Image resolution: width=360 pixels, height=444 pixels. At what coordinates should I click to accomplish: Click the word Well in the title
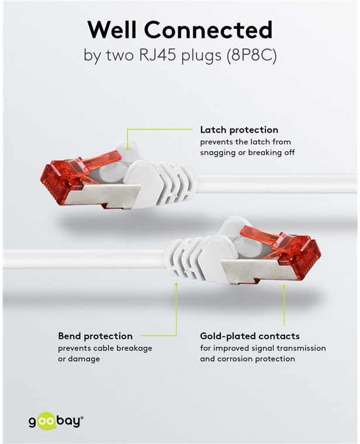113,29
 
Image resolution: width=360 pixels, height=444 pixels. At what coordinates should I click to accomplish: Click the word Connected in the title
209,29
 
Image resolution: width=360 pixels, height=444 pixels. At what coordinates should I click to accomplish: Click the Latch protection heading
239,130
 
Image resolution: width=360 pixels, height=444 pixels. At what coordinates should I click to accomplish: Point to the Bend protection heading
95,336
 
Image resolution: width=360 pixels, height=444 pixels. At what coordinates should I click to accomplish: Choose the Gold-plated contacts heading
250,336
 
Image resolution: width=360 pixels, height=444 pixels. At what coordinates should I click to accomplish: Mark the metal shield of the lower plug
258,271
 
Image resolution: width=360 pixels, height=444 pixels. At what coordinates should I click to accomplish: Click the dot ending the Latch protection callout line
128,148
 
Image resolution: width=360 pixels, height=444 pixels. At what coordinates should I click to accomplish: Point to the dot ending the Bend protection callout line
176,284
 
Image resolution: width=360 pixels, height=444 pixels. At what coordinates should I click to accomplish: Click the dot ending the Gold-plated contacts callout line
284,287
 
